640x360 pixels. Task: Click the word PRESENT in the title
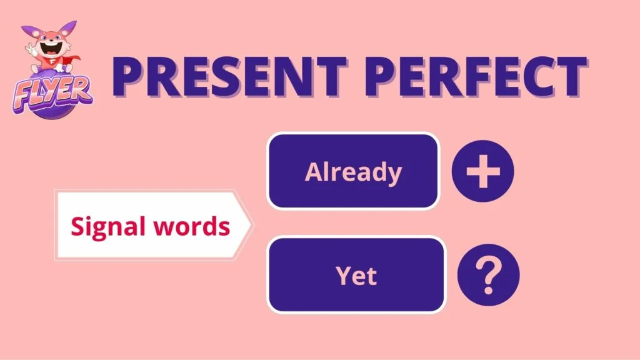pyautogui.click(x=230, y=76)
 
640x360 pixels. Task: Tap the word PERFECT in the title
pyautogui.click(x=476, y=76)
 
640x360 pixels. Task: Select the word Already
pyautogui.click(x=354, y=172)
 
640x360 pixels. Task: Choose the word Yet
pyautogui.click(x=356, y=276)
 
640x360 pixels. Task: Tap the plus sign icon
pyautogui.click(x=483, y=171)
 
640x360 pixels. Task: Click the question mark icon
pyautogui.click(x=488, y=276)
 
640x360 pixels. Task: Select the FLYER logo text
pyautogui.click(x=52, y=96)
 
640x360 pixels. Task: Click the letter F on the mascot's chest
pyautogui.click(x=53, y=62)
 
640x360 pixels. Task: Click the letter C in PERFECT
pyautogui.click(x=532, y=77)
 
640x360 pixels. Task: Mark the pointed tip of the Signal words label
pyautogui.click(x=252, y=224)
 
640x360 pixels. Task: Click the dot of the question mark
pyautogui.click(x=488, y=291)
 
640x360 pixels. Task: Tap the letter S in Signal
pyautogui.click(x=78, y=226)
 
